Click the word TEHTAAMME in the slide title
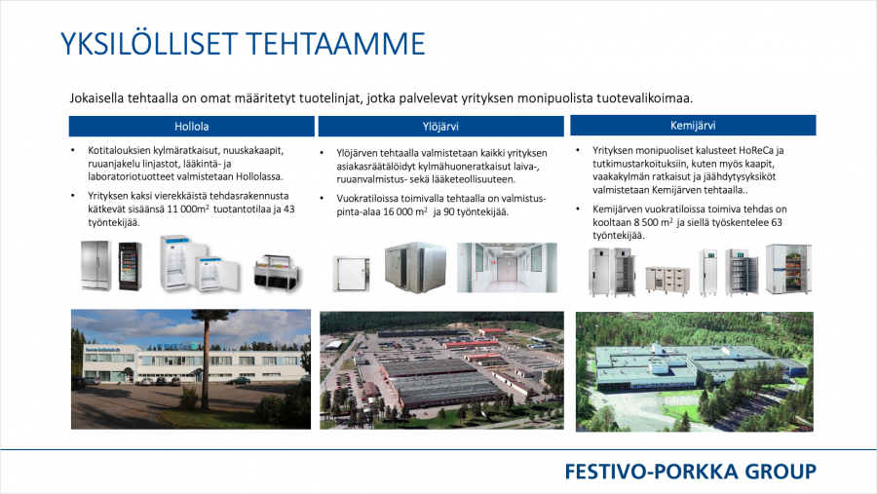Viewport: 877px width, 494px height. pos(335,44)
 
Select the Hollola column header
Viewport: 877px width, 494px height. pos(191,127)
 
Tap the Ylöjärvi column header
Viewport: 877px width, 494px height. pos(440,127)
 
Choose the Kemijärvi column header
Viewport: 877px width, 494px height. pos(693,126)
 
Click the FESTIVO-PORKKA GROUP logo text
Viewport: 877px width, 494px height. pos(690,471)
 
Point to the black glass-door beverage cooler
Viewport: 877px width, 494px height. pos(130,266)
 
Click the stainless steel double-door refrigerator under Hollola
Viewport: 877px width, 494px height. pos(95,265)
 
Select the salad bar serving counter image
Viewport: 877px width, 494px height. pos(277,273)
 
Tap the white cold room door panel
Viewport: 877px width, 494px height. pos(351,274)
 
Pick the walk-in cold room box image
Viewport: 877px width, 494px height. pos(415,267)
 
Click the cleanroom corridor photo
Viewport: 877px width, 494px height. pos(507,267)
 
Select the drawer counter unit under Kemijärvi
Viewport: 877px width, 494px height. pos(667,281)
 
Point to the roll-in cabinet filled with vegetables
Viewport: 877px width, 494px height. pos(788,269)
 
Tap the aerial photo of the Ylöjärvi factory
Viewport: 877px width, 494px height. pos(441,370)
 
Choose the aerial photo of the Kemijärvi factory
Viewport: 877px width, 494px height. pos(695,371)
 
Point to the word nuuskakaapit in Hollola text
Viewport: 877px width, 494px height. pos(255,150)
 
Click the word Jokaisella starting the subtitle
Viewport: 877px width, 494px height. pos(96,98)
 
